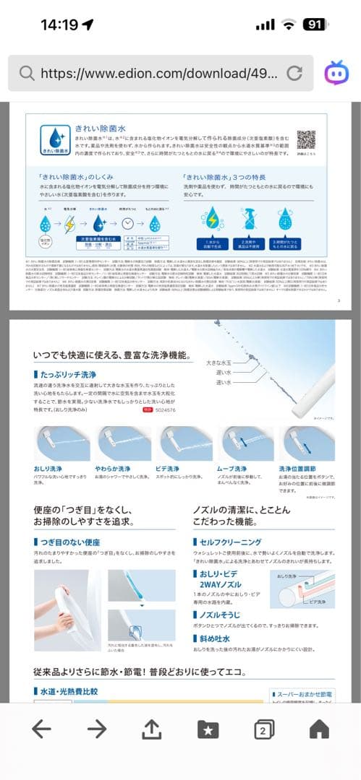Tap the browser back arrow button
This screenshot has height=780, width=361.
[x=41, y=729]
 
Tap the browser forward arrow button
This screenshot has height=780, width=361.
[x=96, y=729]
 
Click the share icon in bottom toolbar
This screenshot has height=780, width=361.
[x=151, y=729]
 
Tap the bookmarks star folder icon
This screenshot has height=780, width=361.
[x=208, y=730]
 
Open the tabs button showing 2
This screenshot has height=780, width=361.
[x=264, y=730]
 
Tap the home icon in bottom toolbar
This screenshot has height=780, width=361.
[x=319, y=729]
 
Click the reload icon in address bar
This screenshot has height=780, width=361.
[x=294, y=73]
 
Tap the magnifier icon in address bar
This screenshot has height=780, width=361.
[x=27, y=73]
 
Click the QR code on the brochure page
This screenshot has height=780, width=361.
[x=307, y=139]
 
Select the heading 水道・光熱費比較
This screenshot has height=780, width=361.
[x=69, y=691]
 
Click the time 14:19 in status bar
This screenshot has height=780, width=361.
[x=59, y=25]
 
